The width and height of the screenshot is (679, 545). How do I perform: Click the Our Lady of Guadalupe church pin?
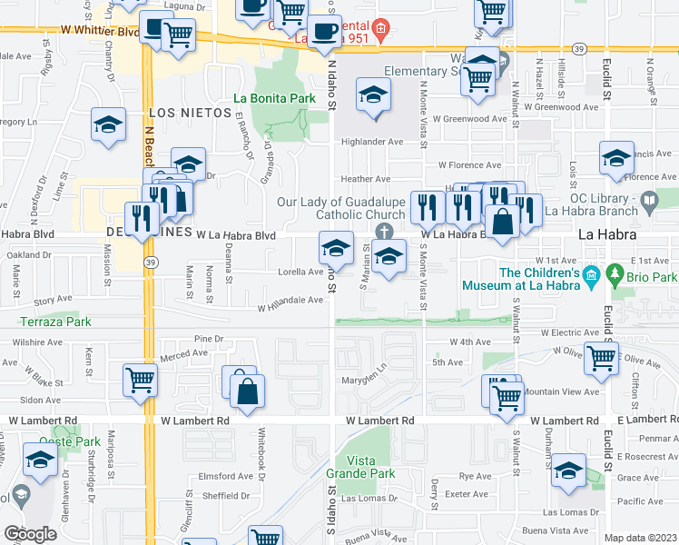[385, 231]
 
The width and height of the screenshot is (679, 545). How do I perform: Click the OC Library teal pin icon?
[648, 199]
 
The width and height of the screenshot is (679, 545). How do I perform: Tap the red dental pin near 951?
[380, 28]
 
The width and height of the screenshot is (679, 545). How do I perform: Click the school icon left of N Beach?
[109, 124]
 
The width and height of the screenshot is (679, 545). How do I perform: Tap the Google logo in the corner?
[31, 534]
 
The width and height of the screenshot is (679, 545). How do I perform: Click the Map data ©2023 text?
[640, 538]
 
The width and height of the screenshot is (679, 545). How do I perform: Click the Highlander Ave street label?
[371, 142]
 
